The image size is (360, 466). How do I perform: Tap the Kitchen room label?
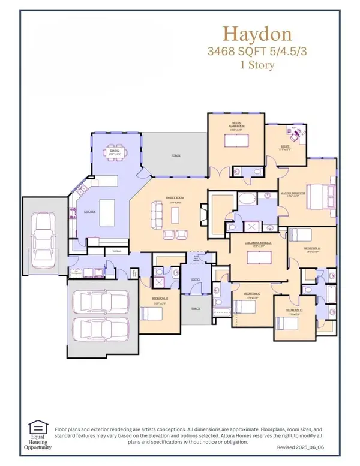(90, 211)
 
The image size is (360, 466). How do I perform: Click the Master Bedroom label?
(293, 193)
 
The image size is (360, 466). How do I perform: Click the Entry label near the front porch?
(194, 279)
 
